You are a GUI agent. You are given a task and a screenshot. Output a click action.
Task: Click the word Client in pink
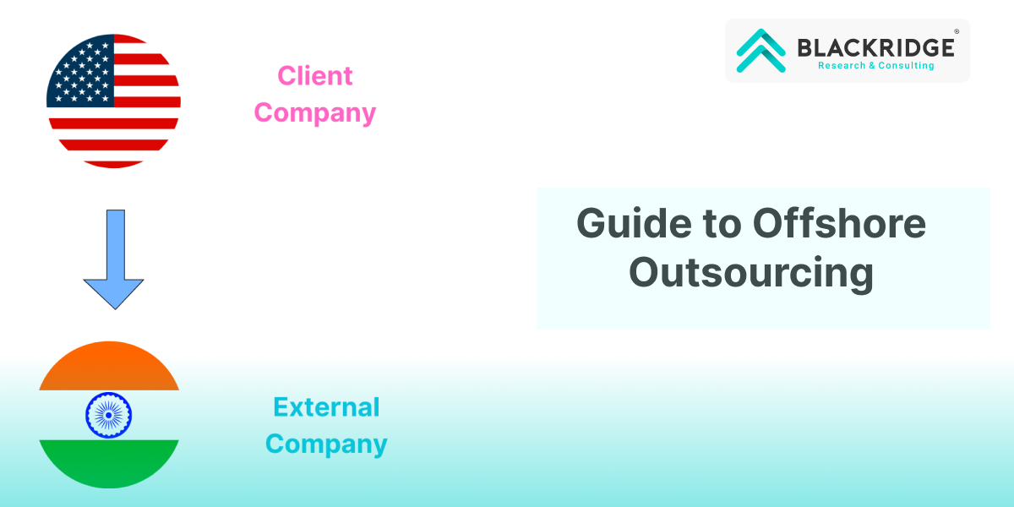[x=315, y=75]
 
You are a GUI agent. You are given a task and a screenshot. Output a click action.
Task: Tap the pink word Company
[x=315, y=113]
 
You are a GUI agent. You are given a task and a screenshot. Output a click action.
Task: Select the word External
[x=326, y=407]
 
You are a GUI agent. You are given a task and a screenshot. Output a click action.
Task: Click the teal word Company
[x=326, y=444]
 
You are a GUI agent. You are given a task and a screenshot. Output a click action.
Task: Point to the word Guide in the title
[x=634, y=223]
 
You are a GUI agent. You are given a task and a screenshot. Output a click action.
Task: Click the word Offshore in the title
[x=839, y=223]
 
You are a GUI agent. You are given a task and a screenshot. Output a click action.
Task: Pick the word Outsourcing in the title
[x=751, y=272]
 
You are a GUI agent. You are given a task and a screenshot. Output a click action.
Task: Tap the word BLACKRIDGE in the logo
[x=876, y=48]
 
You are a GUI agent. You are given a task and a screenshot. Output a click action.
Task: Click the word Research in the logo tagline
[x=842, y=66]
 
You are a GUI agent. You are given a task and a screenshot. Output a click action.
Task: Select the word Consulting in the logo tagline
[x=906, y=66]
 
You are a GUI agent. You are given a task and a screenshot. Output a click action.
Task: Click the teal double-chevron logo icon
[x=761, y=50]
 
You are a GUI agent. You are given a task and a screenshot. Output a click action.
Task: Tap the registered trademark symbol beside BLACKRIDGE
[x=957, y=31]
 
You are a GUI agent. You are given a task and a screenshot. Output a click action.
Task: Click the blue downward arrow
[x=113, y=259]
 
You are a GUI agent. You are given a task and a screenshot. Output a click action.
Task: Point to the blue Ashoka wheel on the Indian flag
[x=109, y=415]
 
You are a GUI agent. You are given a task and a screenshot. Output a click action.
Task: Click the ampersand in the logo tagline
[x=872, y=66]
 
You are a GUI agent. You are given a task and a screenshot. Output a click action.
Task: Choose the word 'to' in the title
[x=722, y=224]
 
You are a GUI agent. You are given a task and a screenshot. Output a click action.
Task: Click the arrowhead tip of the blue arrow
[x=116, y=309]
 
